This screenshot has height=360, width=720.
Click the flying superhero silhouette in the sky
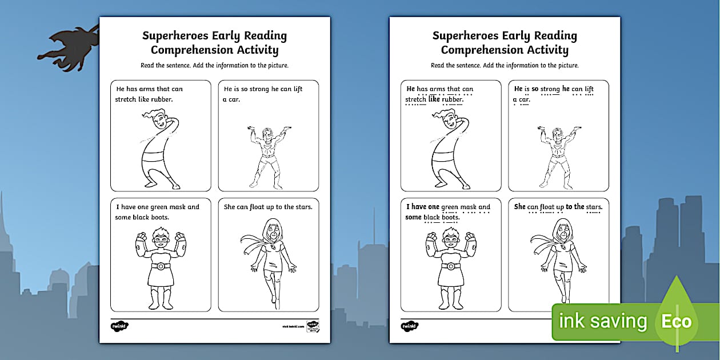coord(67,49)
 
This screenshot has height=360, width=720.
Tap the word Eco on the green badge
coord(677,321)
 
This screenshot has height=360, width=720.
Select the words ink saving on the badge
coord(603,322)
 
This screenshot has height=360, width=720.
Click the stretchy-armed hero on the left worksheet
coord(155,149)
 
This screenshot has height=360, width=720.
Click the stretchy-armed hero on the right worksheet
coord(446,149)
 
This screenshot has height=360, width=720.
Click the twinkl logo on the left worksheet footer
coord(119,326)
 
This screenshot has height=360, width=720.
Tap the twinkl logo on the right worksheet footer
coord(410,326)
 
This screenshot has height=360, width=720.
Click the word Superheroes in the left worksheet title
coord(175,36)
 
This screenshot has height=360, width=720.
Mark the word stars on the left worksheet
coord(302,207)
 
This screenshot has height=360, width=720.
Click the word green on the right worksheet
coord(450,207)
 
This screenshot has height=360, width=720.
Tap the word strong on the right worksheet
coord(550,89)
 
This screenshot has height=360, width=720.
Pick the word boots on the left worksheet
coord(161,217)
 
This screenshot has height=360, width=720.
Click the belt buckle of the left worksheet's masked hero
coord(160,266)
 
